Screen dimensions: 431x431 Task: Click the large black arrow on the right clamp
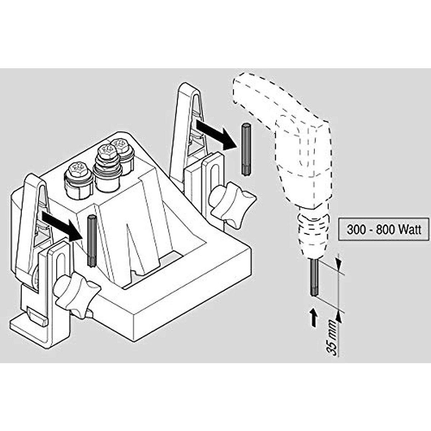point(215,135)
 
